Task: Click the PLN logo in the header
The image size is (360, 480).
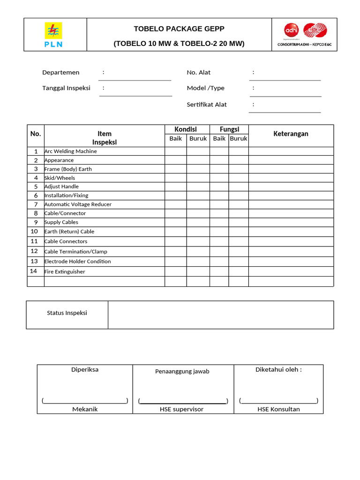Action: tap(53, 34)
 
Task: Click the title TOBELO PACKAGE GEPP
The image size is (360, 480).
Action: tap(179, 29)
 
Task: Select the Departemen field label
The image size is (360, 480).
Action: tap(61, 72)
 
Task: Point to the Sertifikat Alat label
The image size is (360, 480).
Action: tap(207, 104)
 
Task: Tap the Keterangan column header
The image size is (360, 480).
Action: tap(291, 134)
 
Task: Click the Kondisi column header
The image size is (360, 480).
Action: tap(186, 129)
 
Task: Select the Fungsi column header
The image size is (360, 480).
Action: tap(229, 129)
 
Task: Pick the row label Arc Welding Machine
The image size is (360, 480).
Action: tap(70, 151)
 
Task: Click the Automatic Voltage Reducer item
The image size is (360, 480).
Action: tap(78, 204)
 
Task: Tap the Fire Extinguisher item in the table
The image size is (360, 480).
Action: tap(65, 271)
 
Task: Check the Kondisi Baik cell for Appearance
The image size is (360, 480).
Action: tap(175, 160)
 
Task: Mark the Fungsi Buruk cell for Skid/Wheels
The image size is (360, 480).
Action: tap(238, 178)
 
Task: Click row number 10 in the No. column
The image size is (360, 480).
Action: tap(34, 231)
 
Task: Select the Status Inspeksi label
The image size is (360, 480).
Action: tap(67, 313)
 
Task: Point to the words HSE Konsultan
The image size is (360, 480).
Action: tap(278, 409)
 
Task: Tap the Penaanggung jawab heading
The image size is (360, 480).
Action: tap(182, 371)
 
